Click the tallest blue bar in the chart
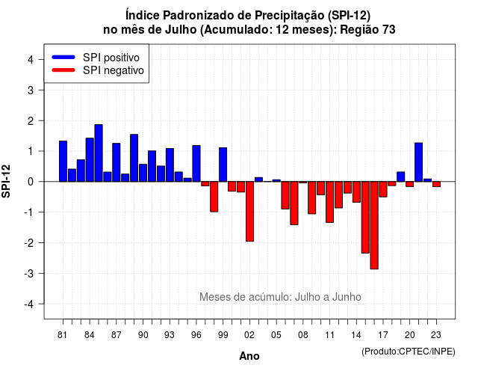(x=99, y=153)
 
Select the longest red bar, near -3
(x=374, y=225)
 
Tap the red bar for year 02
(x=249, y=212)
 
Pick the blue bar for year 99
(x=223, y=165)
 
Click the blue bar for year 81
(x=63, y=162)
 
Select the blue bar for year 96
(x=196, y=164)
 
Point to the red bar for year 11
(x=330, y=202)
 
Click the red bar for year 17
(x=383, y=189)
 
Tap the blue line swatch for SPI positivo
(x=63, y=57)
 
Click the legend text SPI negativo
(x=114, y=70)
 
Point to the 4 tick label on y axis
(x=31, y=60)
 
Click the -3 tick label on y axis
(x=29, y=273)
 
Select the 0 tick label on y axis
(x=31, y=182)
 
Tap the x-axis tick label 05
(x=276, y=335)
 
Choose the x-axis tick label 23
(x=436, y=335)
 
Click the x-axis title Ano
(x=249, y=356)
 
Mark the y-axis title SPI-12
(x=6, y=181)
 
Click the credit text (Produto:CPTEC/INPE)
(x=409, y=352)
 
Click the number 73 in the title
(x=388, y=30)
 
